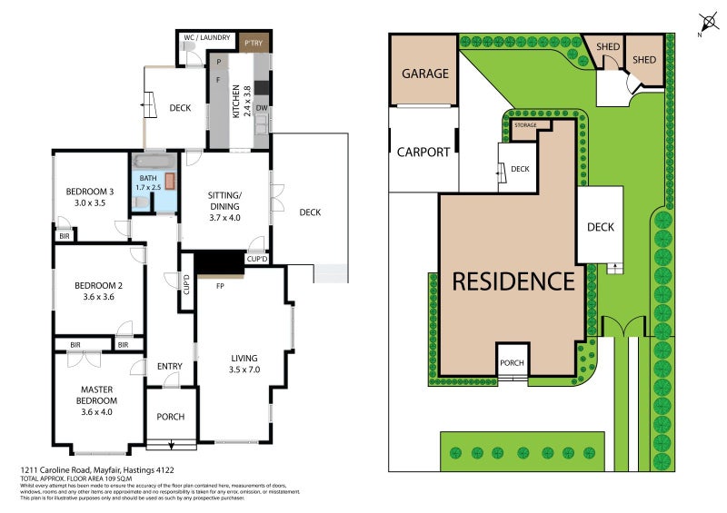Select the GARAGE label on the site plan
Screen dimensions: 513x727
[x=425, y=74]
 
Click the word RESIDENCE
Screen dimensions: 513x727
[x=513, y=281]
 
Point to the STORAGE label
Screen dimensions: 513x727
[x=525, y=125]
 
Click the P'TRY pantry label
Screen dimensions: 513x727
[x=252, y=43]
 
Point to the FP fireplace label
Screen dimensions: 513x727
[x=220, y=286]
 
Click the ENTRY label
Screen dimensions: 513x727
[x=170, y=367]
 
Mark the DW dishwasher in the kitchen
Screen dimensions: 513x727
[x=261, y=108]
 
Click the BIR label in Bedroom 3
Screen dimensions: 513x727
[x=65, y=236]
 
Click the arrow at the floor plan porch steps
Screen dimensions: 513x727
[x=172, y=444]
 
